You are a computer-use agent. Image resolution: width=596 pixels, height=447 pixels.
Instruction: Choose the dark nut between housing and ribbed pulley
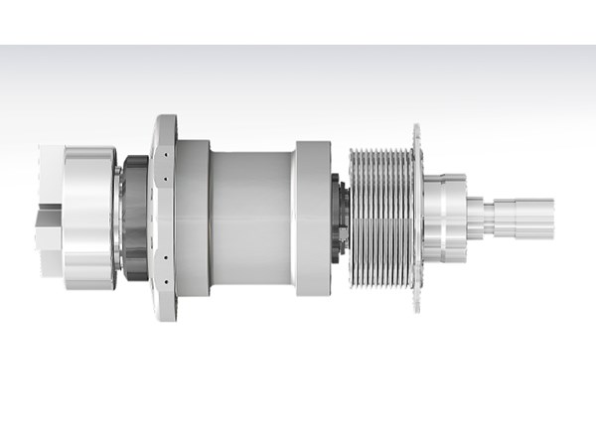pos(340,217)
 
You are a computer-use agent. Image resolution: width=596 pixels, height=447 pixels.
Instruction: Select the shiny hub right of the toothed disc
pos(444,217)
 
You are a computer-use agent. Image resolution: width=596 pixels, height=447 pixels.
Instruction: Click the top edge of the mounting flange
pos(164,117)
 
